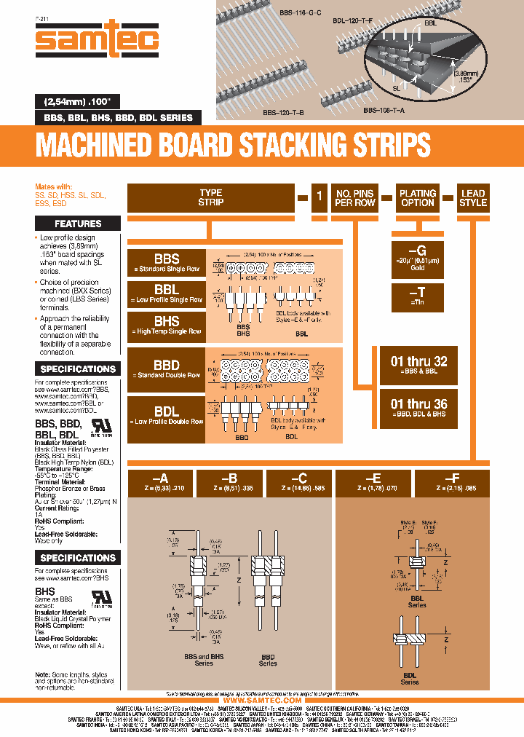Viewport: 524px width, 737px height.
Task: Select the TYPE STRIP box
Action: click(x=210, y=198)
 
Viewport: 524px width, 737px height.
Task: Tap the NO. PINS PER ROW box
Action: click(x=354, y=198)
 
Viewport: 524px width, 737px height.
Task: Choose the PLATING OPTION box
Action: click(x=418, y=198)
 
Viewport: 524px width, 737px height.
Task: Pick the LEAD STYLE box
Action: click(x=472, y=198)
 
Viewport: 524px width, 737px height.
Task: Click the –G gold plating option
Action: click(x=418, y=256)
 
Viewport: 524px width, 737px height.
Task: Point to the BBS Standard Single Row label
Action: click(x=166, y=263)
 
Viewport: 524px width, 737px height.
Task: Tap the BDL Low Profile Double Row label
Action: click(x=166, y=415)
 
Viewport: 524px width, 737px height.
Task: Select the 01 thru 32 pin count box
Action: click(x=418, y=364)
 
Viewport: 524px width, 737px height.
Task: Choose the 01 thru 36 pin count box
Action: click(x=418, y=407)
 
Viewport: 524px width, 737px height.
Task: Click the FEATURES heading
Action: click(x=78, y=224)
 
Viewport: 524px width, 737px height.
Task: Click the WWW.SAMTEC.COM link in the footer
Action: click(x=261, y=700)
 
